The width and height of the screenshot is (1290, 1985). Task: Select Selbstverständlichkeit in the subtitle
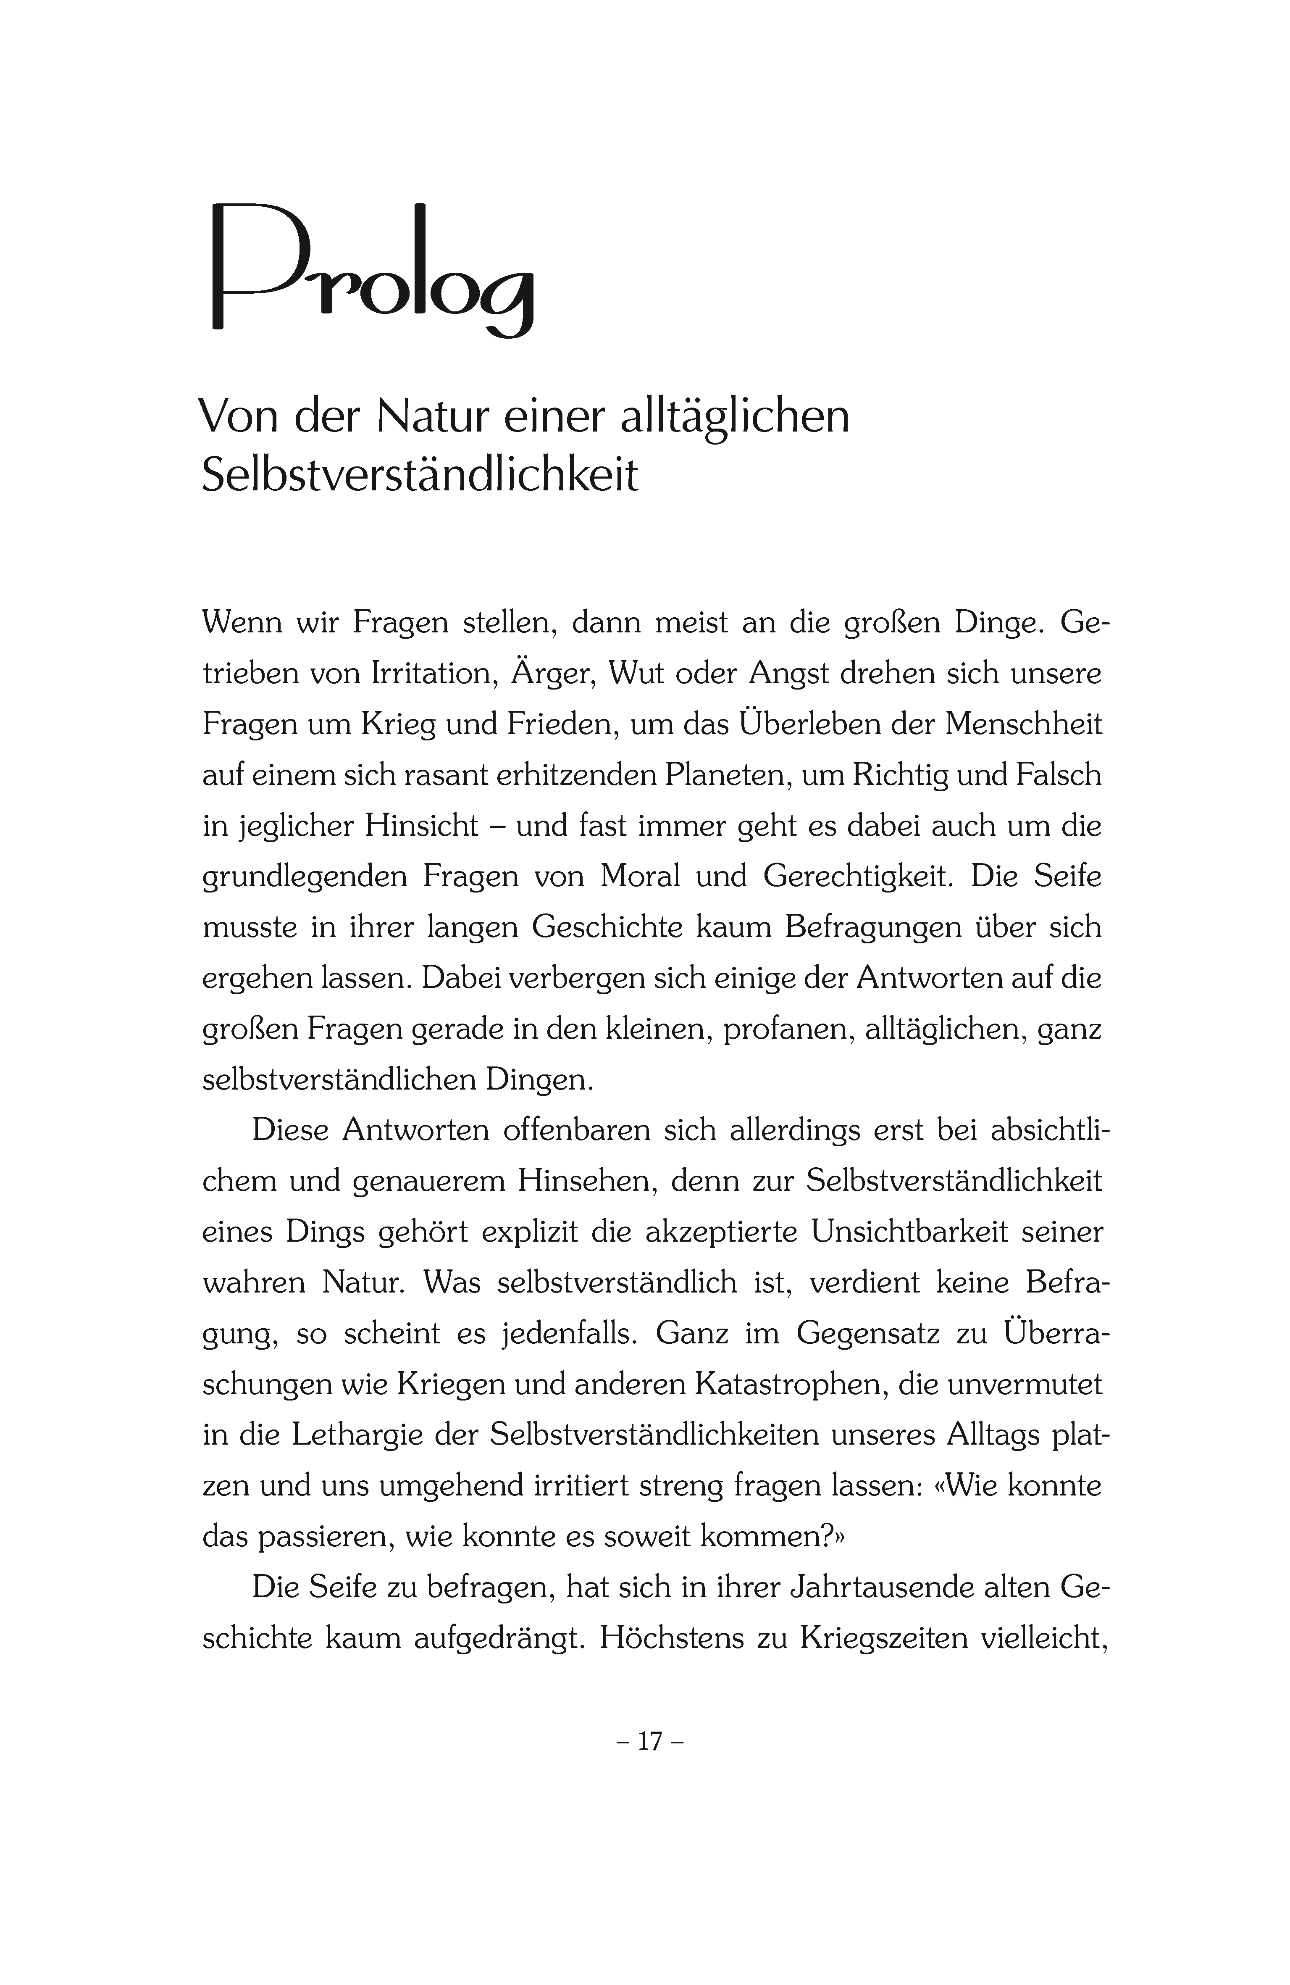tap(420, 475)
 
